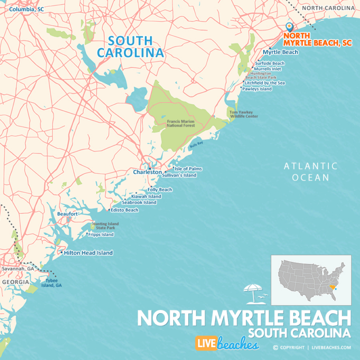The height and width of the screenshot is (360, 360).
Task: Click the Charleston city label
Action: [x=147, y=172]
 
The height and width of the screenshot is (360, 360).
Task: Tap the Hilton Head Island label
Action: [x=88, y=253]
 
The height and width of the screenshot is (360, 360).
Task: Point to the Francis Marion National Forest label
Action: [x=180, y=123]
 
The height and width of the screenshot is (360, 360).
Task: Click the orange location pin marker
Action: [x=289, y=28]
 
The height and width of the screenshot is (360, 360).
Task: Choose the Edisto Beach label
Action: [x=125, y=210]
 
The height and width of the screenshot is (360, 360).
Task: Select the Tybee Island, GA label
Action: [x=51, y=282]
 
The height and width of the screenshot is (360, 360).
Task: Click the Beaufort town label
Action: [x=67, y=214]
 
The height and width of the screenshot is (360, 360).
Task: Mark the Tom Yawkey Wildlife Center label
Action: [x=244, y=114]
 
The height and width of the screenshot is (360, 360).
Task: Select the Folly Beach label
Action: [x=160, y=190]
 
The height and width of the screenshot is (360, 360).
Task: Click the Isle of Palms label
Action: [x=188, y=169]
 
